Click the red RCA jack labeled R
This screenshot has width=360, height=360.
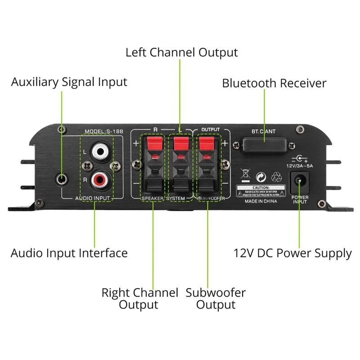click(x=99, y=181)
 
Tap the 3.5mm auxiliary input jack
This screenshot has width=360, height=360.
click(x=63, y=180)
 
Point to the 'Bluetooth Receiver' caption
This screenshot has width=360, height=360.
click(x=274, y=83)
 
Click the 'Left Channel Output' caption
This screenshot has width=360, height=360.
click(x=181, y=52)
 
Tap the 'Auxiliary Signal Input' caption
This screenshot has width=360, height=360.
click(x=69, y=82)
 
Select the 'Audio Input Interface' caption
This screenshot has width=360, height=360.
click(x=69, y=253)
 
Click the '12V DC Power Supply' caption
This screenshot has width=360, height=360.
click(x=292, y=253)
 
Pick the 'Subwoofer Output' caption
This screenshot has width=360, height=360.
click(x=216, y=299)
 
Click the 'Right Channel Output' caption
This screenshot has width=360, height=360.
click(x=139, y=299)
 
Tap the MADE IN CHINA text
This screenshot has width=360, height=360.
click(x=261, y=202)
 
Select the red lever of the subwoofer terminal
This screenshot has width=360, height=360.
click(x=207, y=144)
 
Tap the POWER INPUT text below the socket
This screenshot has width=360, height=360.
click(x=300, y=199)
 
